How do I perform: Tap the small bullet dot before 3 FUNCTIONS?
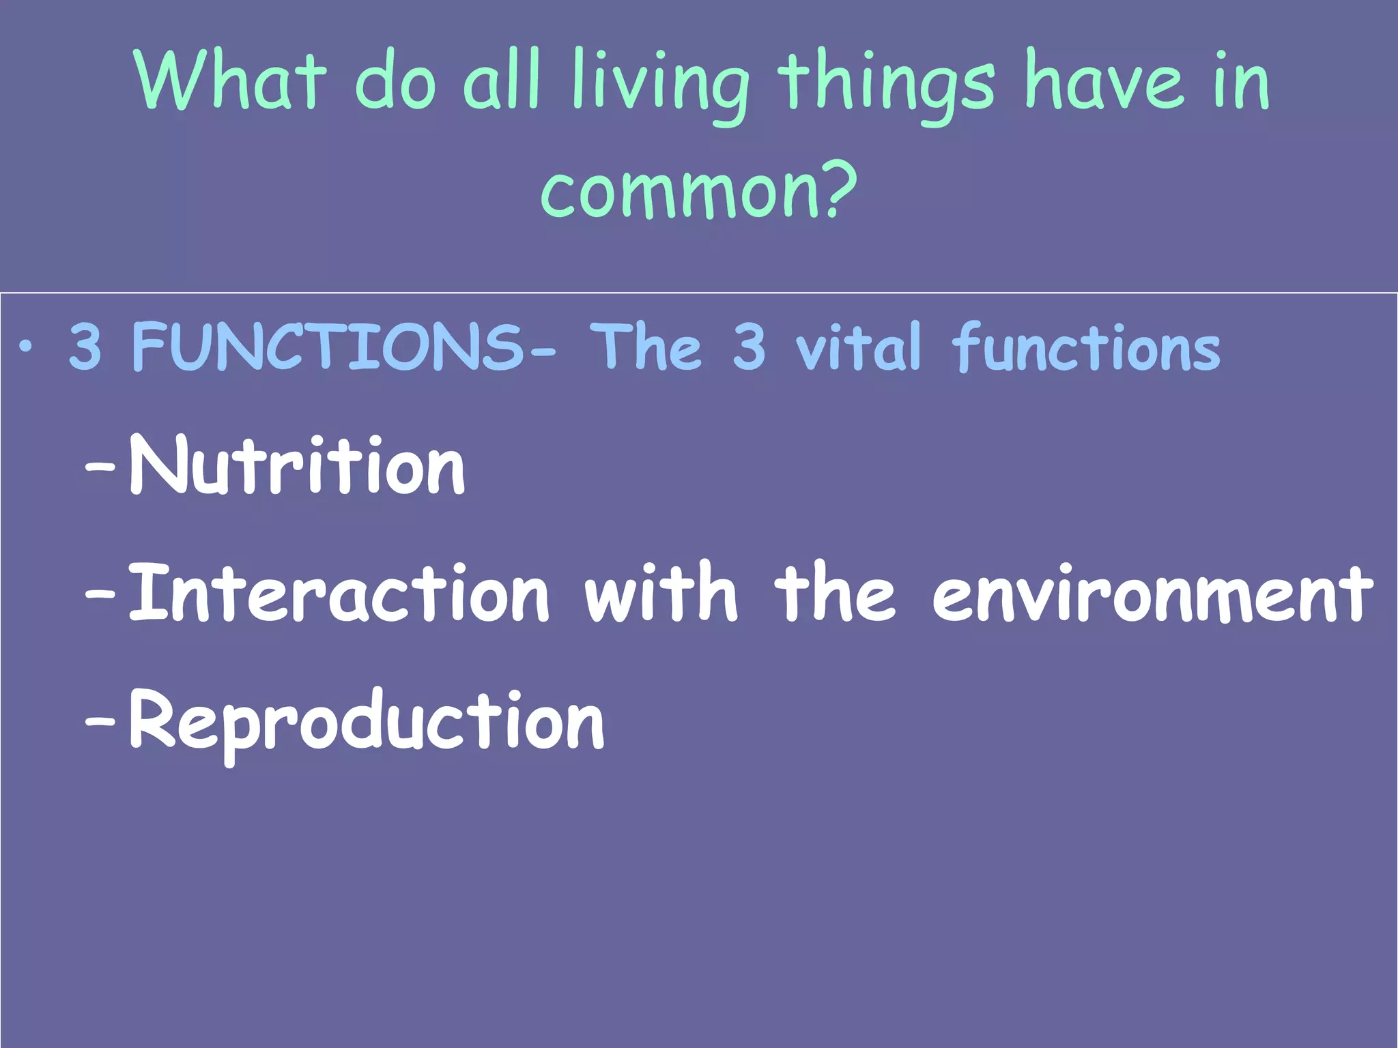(26, 347)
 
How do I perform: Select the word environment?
(1153, 593)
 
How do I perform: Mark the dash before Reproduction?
(100, 719)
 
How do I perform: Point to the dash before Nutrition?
(100, 467)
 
